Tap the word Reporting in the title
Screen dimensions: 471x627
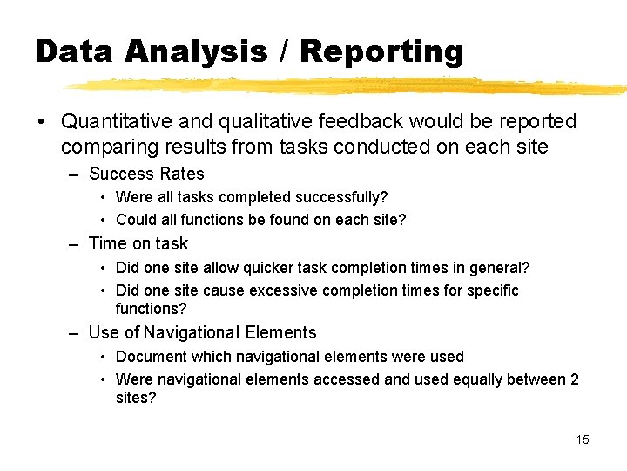click(x=381, y=51)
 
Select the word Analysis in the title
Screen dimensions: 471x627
click(x=196, y=51)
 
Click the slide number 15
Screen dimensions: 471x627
click(x=582, y=440)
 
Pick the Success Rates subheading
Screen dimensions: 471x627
click(x=146, y=174)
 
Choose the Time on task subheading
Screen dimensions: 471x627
click(x=138, y=243)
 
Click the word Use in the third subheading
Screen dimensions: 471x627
click(x=104, y=332)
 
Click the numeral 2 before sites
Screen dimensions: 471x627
click(x=574, y=379)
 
